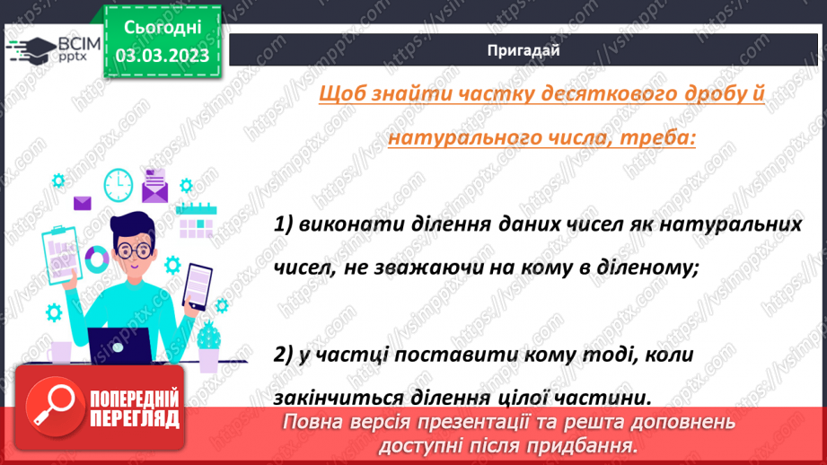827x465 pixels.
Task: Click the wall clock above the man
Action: [x=118, y=184]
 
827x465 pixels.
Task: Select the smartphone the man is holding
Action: [x=198, y=285]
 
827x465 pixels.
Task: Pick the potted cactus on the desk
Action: [x=208, y=345]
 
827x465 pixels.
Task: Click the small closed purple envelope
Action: [x=84, y=203]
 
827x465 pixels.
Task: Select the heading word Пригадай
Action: [x=523, y=50]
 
